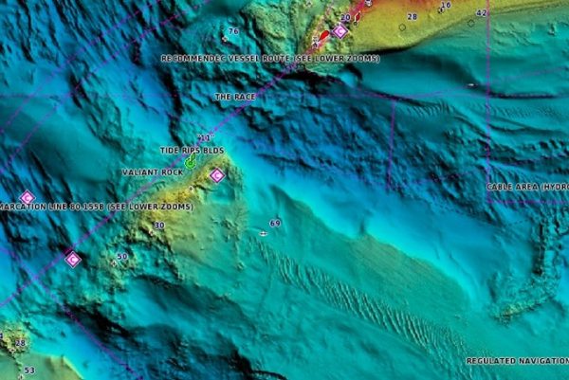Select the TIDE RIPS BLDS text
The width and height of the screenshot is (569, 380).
point(192,151)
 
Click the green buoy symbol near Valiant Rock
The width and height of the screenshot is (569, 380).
point(190,163)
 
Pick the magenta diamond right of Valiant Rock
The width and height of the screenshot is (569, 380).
point(217,175)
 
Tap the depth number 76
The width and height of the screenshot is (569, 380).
point(232,31)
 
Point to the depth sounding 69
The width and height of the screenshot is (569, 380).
point(275,223)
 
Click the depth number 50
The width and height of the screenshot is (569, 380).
point(121,257)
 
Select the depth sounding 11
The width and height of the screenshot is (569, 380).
point(203,138)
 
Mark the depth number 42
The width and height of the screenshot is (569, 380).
point(481,13)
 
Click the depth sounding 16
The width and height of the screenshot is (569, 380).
point(446,6)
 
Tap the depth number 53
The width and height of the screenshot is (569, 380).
point(29,371)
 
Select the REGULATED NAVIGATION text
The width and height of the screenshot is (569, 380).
point(517,361)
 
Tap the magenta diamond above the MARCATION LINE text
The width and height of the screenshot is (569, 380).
point(27,197)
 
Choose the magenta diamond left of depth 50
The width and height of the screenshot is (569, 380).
point(72,259)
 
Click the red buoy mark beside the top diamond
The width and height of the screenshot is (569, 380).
point(323,37)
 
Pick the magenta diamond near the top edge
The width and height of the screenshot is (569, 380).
point(340,31)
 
